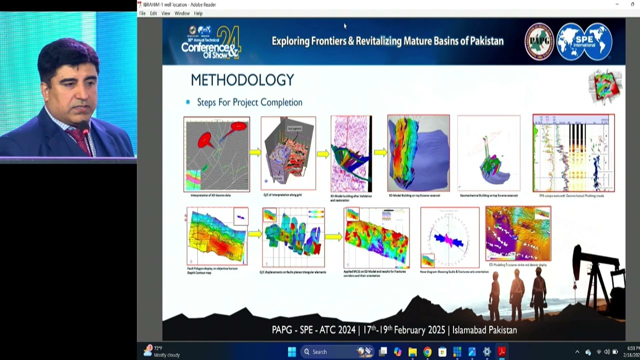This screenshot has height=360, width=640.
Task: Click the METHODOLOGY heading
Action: tap(242, 80)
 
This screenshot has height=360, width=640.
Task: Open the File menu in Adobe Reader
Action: tap(142, 13)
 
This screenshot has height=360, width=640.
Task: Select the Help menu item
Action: tap(198, 13)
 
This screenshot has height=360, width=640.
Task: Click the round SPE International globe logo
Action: tap(584, 42)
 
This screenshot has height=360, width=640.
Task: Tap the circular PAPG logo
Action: tap(539, 42)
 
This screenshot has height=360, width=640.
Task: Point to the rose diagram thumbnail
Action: tap(449, 237)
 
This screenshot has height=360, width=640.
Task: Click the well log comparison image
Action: tap(573, 153)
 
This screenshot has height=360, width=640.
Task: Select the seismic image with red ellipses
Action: tap(216, 154)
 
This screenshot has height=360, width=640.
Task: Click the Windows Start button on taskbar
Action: tap(292, 352)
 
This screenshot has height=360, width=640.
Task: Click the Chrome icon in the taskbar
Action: tap(427, 352)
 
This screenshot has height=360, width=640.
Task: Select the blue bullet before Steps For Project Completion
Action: tap(188, 102)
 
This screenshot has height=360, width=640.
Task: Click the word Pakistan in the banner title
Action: tap(486, 41)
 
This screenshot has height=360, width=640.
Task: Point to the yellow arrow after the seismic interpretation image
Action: tap(255, 152)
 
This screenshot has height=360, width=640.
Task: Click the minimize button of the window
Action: tap(617, 4)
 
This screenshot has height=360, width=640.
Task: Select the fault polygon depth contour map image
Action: tap(217, 236)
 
